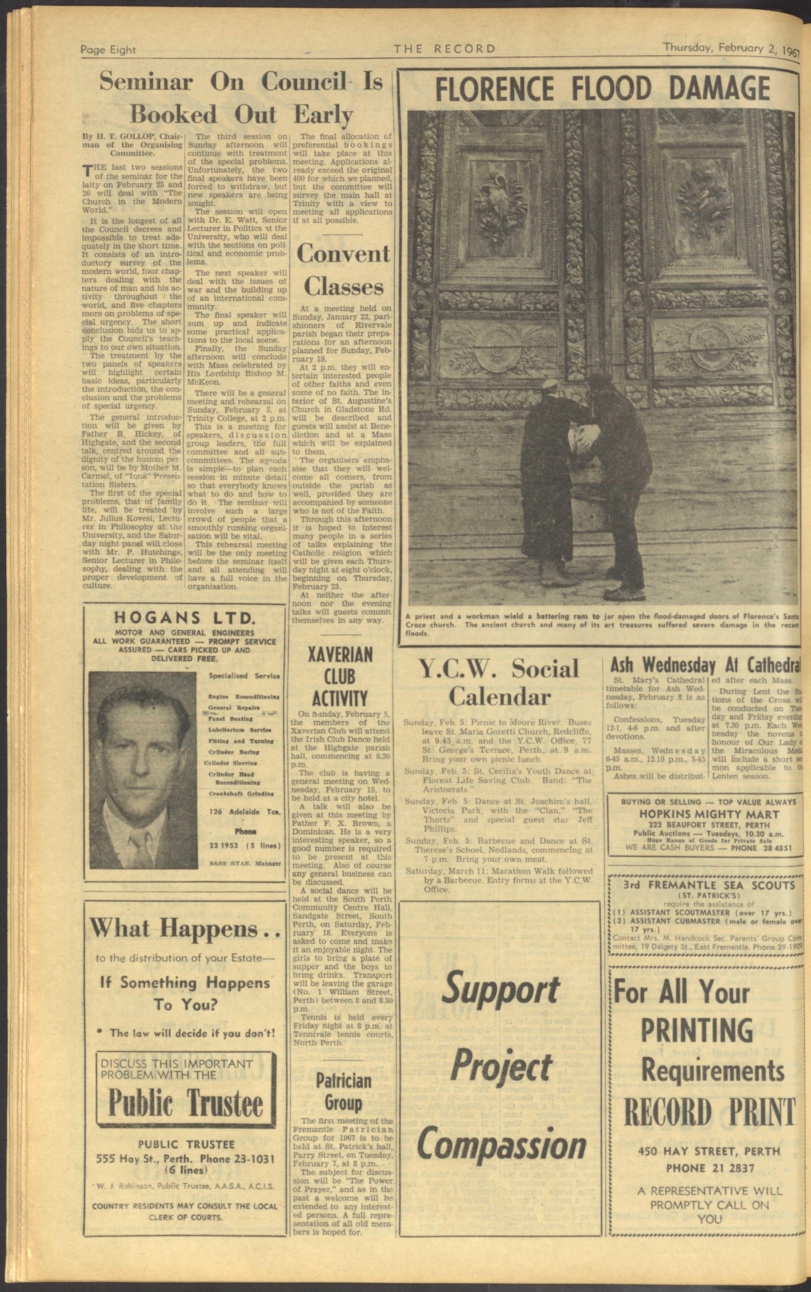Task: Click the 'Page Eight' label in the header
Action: (x=108, y=50)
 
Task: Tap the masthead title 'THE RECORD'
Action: (x=445, y=49)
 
